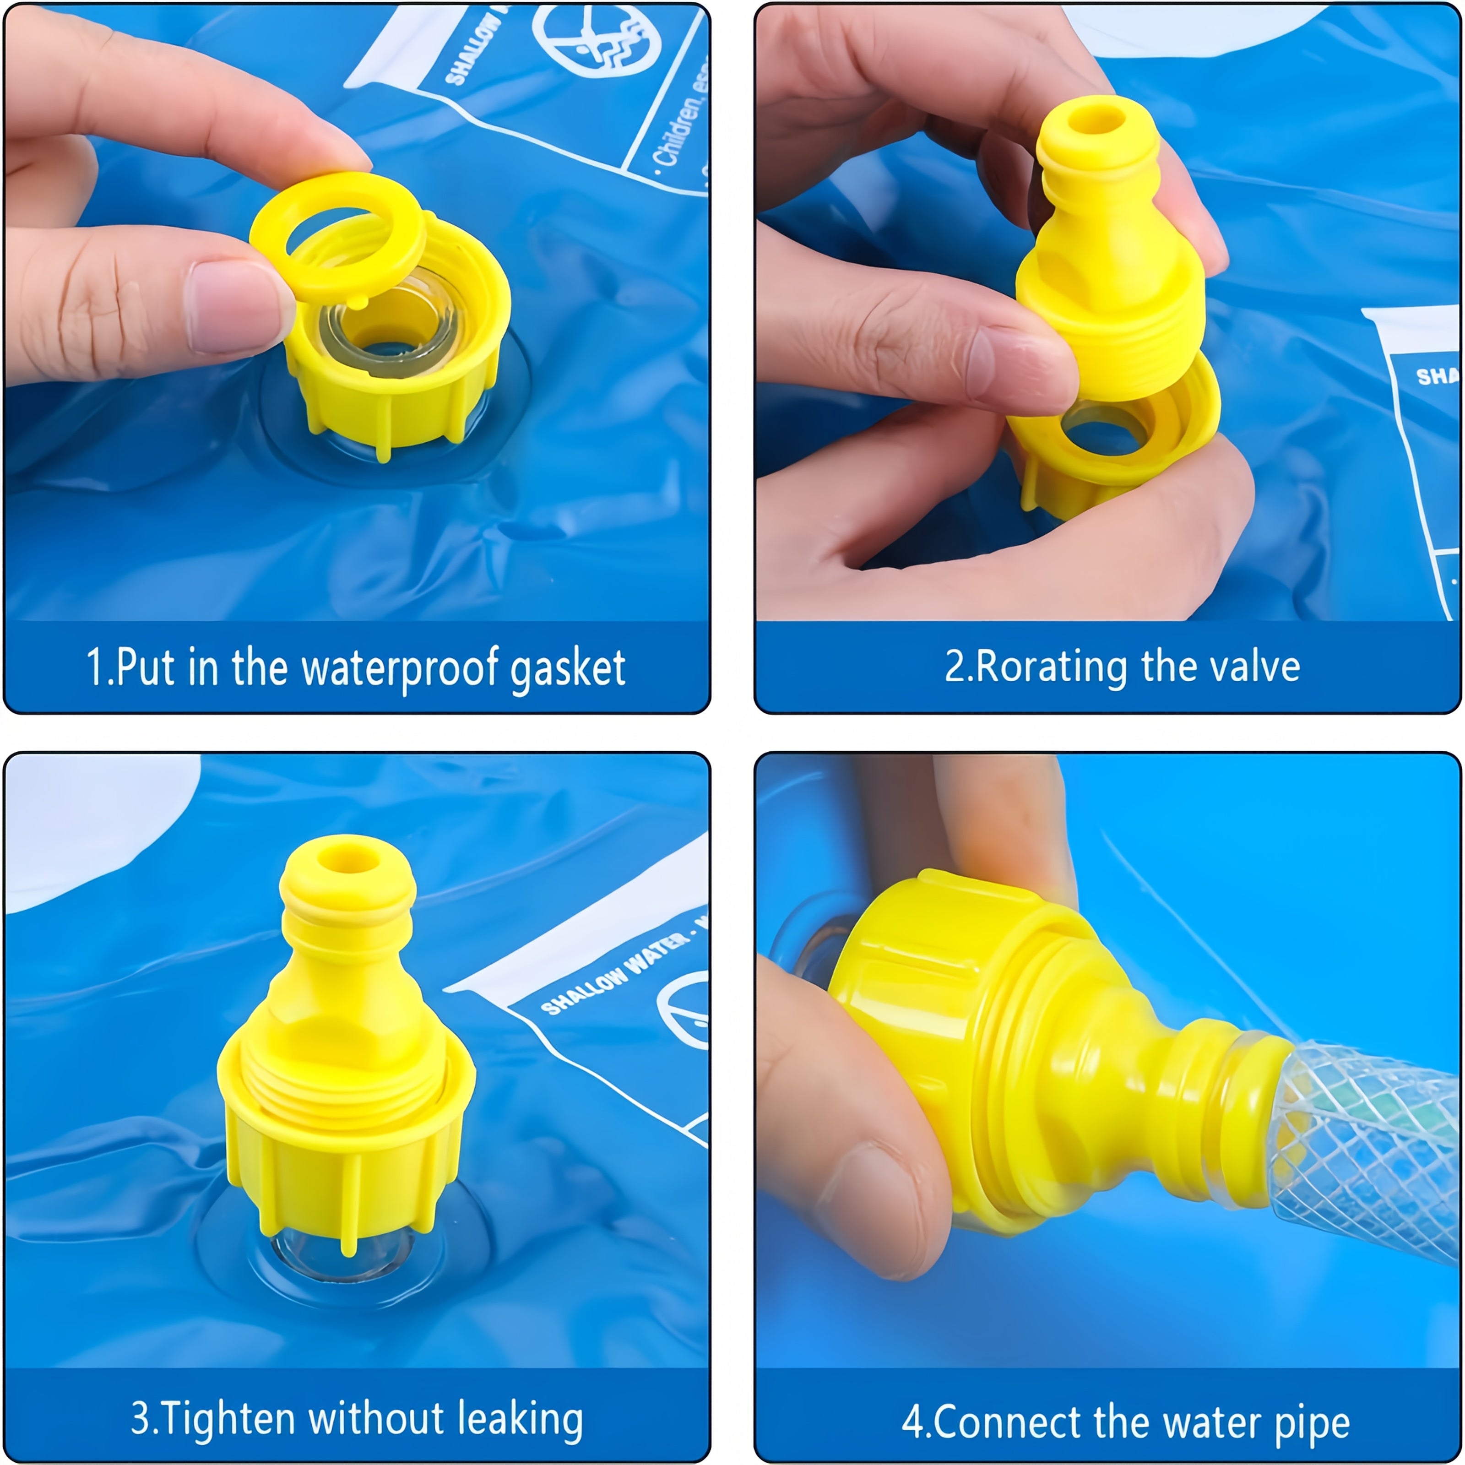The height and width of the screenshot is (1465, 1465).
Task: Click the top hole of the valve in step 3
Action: coord(347,859)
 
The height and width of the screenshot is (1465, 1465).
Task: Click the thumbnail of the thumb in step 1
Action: coord(228,307)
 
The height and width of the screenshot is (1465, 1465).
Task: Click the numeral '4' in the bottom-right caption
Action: coord(912,1422)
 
